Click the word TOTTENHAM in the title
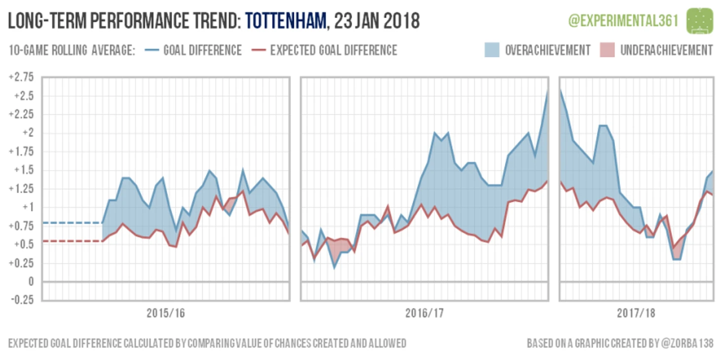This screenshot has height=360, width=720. click(x=286, y=21)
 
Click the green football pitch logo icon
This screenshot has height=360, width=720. click(x=700, y=21)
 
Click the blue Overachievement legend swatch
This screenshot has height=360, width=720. click(x=494, y=50)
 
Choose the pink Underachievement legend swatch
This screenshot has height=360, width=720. click(x=607, y=50)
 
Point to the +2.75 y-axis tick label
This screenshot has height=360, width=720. click(x=21, y=77)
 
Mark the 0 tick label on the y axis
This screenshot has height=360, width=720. click(x=31, y=282)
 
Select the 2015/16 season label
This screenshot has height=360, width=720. click(x=166, y=313)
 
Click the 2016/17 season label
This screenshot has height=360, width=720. click(x=425, y=313)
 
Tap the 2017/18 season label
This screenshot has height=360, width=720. click(x=636, y=313)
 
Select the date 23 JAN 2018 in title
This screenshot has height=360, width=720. click(x=377, y=21)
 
